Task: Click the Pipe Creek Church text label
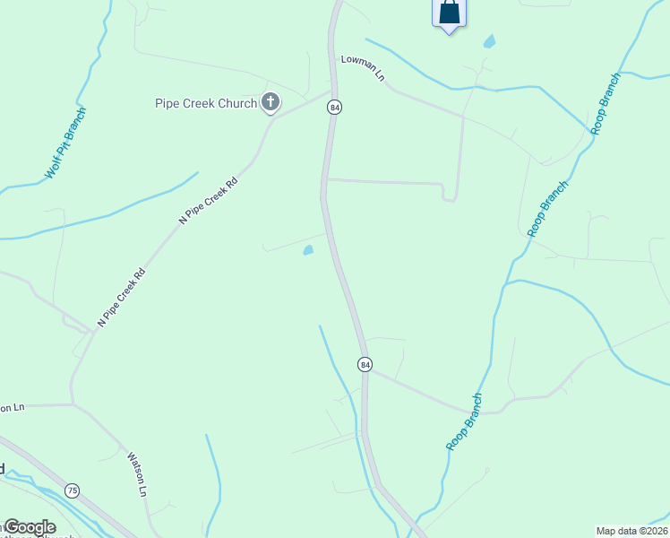point(206,104)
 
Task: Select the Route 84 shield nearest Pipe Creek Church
point(334,108)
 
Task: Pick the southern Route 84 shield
point(365,364)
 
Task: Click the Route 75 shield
point(73,490)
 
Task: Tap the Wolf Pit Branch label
point(66,143)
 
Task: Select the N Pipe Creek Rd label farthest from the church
point(120,296)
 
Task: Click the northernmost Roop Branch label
point(606,105)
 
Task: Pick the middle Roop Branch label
point(547,209)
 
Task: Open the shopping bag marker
point(449,13)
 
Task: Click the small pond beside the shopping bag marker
point(489,41)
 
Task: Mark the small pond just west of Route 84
point(308,250)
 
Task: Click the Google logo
point(29,527)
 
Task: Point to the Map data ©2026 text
point(631,530)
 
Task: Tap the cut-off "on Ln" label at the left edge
point(12,407)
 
